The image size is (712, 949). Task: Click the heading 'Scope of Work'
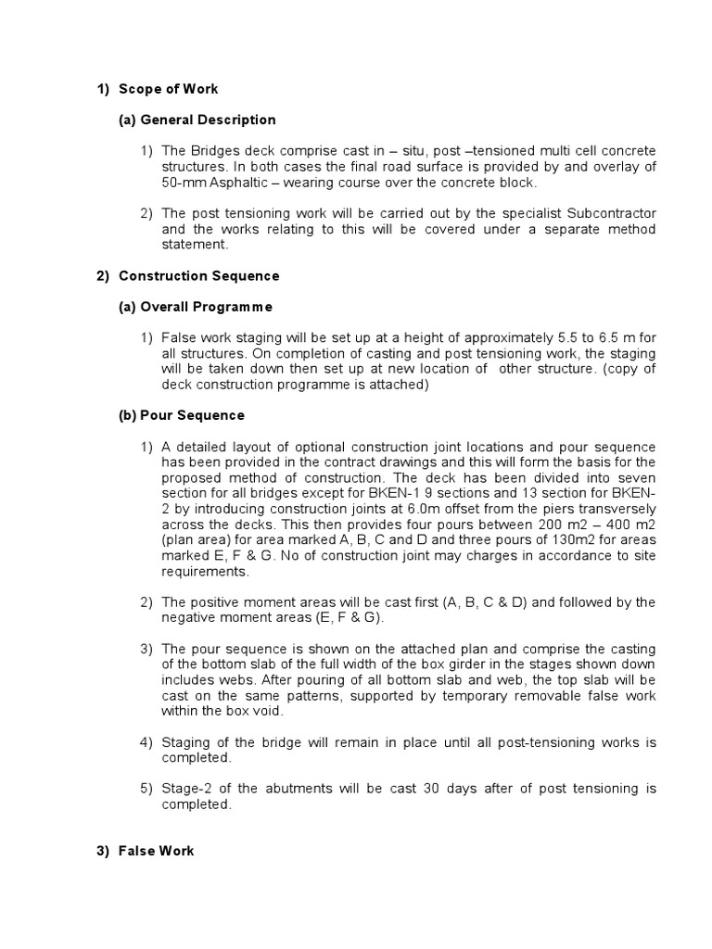pos(168,89)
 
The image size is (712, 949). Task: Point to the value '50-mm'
pos(181,183)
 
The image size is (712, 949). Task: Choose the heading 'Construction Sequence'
pos(198,276)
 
